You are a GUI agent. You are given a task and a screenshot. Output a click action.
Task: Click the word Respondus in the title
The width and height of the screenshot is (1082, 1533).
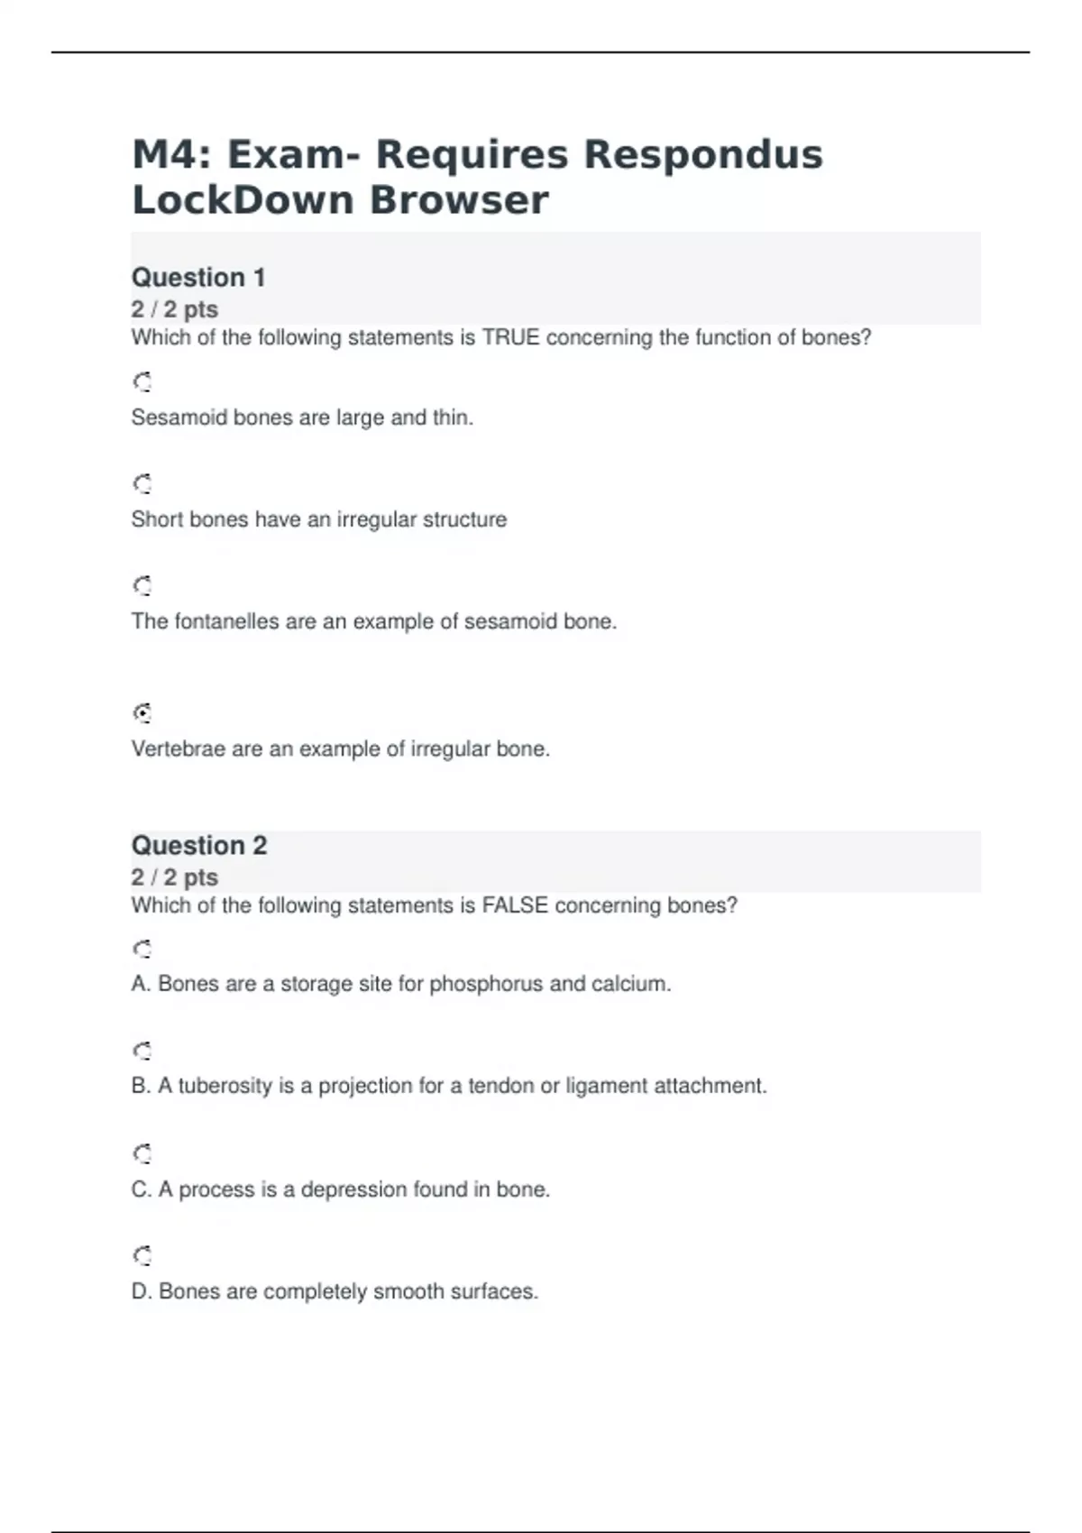(703, 155)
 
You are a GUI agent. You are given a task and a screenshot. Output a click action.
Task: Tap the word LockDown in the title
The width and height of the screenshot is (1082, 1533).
(243, 200)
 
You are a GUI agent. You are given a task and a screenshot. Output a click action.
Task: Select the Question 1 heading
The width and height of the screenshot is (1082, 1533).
(198, 278)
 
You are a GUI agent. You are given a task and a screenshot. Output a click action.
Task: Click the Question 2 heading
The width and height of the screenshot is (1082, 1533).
(199, 846)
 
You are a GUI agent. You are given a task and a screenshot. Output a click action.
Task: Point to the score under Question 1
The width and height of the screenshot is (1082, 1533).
(175, 309)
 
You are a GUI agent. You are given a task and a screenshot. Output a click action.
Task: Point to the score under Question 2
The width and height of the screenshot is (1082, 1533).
(175, 877)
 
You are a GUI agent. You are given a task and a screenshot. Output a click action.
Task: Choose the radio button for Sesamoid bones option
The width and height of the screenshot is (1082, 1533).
(142, 382)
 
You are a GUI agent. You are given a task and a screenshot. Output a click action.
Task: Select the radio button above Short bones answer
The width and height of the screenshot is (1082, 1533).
(142, 484)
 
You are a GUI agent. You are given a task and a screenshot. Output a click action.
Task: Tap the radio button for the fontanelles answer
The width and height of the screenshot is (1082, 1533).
(142, 586)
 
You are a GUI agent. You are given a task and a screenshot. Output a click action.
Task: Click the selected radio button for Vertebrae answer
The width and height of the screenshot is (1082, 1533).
(142, 713)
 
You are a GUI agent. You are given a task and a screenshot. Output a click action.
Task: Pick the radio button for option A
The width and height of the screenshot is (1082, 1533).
(142, 949)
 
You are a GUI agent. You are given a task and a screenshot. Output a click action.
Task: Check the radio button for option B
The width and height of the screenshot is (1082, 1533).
(142, 1051)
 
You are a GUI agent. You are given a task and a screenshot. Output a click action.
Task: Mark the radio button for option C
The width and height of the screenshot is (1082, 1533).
(142, 1153)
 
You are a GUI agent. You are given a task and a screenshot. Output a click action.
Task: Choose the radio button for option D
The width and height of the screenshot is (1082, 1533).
(142, 1255)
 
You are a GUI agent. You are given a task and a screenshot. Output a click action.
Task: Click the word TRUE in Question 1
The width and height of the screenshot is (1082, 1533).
(510, 338)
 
